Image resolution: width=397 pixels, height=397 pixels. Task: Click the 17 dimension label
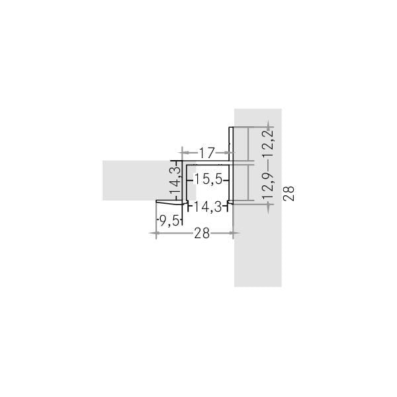point(206,152)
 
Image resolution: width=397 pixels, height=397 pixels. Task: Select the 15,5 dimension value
point(208,180)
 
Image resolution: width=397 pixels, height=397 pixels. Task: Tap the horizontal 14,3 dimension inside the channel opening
point(208,207)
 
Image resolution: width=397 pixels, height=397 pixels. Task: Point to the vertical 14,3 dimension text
point(175,180)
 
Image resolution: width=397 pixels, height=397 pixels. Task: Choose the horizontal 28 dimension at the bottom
point(202,233)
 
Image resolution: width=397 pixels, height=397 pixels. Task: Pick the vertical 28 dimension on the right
point(288,194)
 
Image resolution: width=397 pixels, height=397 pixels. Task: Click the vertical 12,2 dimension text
point(268,143)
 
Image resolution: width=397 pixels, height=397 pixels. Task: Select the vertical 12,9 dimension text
point(268,185)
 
